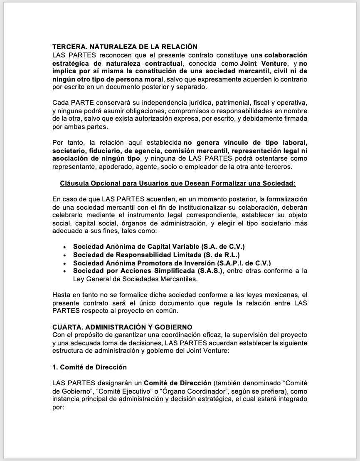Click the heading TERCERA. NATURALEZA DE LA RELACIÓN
point(125,47)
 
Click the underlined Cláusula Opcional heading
point(178,183)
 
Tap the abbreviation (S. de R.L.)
point(215,255)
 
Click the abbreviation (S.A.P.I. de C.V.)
point(244,263)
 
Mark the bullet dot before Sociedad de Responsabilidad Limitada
point(64,255)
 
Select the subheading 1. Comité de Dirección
point(89,367)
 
